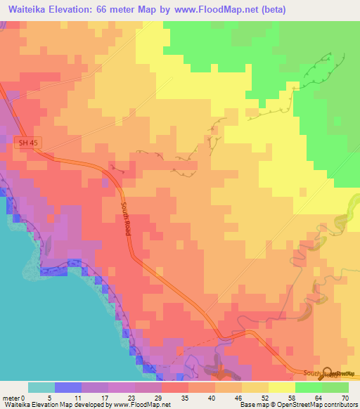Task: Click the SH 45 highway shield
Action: pyautogui.click(x=25, y=142)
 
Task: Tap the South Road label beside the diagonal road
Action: pyautogui.click(x=127, y=219)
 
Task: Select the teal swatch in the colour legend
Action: pyautogui.click(x=41, y=387)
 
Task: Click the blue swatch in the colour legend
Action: pyautogui.click(x=68, y=387)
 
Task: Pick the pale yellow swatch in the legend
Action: pyautogui.click(x=282, y=387)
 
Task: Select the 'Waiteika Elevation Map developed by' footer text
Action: pyautogui.click(x=43, y=404)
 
